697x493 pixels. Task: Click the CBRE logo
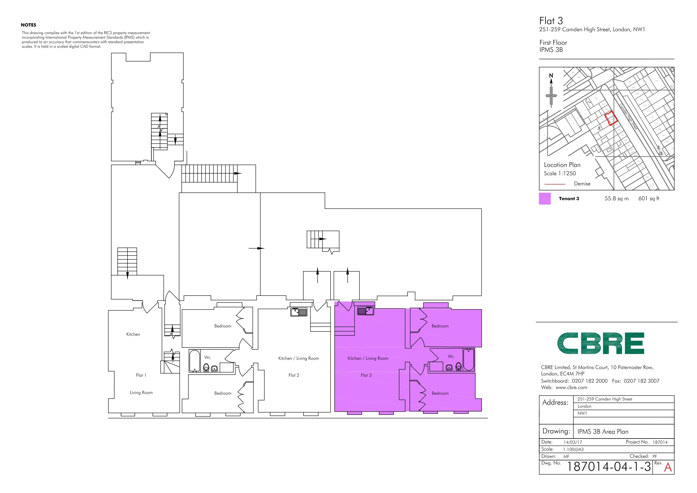pyautogui.click(x=600, y=343)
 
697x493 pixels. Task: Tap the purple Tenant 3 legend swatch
pyautogui.click(x=545, y=199)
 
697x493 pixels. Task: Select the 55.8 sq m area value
pyautogui.click(x=616, y=199)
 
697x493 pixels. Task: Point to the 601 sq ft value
pyautogui.click(x=649, y=199)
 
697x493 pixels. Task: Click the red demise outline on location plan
pyautogui.click(x=611, y=118)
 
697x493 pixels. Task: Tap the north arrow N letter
pyautogui.click(x=551, y=75)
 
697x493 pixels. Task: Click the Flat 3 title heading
pyautogui.click(x=551, y=21)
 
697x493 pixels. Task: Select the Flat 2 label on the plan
pyautogui.click(x=293, y=375)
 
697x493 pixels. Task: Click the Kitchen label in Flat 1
pyautogui.click(x=133, y=334)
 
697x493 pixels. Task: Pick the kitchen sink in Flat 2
pyautogui.click(x=299, y=312)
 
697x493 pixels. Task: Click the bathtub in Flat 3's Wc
pyautogui.click(x=468, y=360)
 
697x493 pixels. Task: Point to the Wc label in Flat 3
pyautogui.click(x=451, y=356)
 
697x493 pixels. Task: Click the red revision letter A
pyautogui.click(x=668, y=467)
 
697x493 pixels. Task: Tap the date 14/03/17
pyautogui.click(x=573, y=442)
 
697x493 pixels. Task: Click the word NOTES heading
pyautogui.click(x=29, y=25)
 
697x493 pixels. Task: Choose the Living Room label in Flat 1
pyautogui.click(x=141, y=392)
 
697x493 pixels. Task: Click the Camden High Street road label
pyautogui.click(x=628, y=117)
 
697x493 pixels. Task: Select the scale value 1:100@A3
pyautogui.click(x=573, y=449)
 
